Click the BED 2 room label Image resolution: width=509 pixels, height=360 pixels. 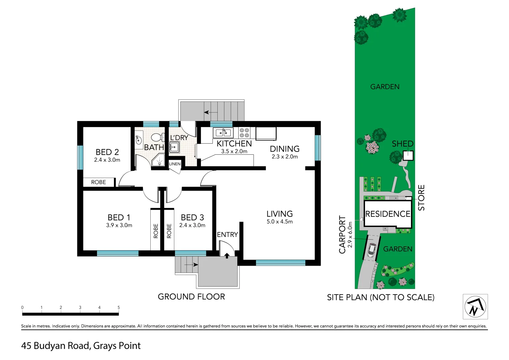107,152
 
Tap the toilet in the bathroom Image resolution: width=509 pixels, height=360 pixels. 157,137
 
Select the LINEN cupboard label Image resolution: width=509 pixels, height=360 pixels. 175,164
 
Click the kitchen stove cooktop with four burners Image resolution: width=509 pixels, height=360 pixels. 244,133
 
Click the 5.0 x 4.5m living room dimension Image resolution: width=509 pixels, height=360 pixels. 279,222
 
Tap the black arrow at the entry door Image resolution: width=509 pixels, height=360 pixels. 227,256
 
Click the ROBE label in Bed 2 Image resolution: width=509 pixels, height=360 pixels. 98,182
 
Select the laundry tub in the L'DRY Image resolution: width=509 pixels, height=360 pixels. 174,147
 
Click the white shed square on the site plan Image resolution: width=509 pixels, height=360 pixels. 408,156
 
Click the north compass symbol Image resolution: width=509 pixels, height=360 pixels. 475,306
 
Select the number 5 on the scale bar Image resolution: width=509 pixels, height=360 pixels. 119,307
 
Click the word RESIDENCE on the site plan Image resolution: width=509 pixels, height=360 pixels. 388,214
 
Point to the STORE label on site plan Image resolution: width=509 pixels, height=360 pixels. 422,198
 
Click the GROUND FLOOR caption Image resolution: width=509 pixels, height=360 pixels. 191,297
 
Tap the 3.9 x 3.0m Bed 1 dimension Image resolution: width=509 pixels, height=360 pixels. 119,225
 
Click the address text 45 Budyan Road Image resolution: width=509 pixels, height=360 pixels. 55,346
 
